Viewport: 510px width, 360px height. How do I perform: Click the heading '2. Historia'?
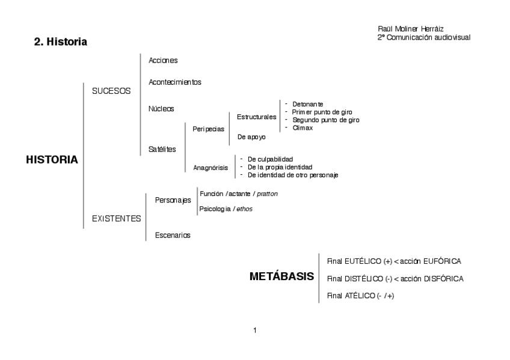[61, 43]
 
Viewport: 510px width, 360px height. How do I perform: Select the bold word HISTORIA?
[52, 160]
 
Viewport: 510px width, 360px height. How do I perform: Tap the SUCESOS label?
[111, 91]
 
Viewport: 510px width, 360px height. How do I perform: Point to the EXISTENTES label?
[116, 219]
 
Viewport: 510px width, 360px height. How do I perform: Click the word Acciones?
[163, 60]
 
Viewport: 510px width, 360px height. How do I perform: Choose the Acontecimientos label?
[174, 82]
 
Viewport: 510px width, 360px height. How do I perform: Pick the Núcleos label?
[161, 109]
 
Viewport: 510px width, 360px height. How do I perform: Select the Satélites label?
[162, 149]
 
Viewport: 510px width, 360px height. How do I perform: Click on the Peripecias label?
[208, 129]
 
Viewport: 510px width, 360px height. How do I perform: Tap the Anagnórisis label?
[210, 168]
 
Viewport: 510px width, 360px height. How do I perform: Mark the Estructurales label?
[257, 117]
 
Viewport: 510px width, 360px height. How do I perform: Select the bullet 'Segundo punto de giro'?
[325, 120]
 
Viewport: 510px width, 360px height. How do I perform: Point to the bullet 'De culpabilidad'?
[270, 159]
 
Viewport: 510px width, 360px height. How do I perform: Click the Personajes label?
[173, 200]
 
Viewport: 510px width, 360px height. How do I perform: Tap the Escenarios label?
[173, 235]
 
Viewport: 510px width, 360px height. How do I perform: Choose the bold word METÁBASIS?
[281, 277]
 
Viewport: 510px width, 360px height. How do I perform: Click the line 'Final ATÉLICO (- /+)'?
[360, 295]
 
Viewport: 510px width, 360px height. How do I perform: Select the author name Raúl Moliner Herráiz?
[411, 29]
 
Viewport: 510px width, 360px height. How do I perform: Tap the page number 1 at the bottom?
[255, 331]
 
